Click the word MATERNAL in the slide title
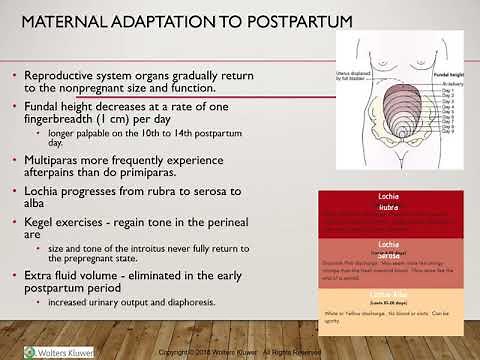(x=65, y=22)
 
